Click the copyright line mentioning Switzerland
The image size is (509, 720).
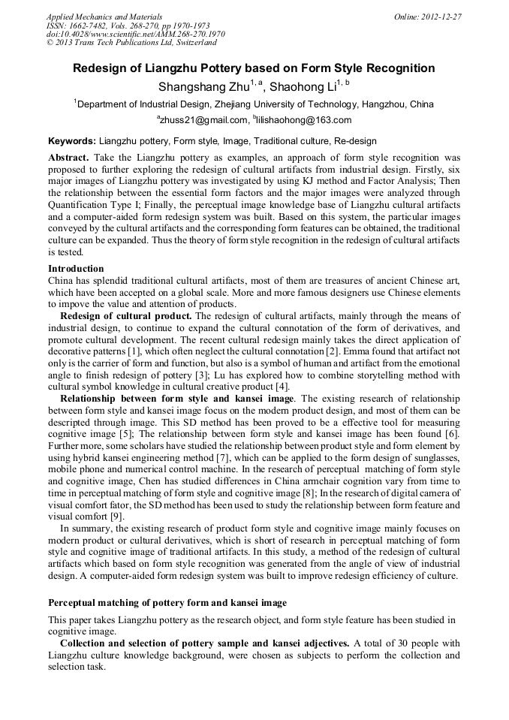coord(131,43)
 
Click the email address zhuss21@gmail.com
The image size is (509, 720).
coord(203,120)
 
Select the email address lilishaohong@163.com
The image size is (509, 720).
coord(304,120)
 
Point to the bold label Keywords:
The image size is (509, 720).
coord(72,141)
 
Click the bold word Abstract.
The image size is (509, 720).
coord(68,158)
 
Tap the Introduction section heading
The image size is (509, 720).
coord(76,269)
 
